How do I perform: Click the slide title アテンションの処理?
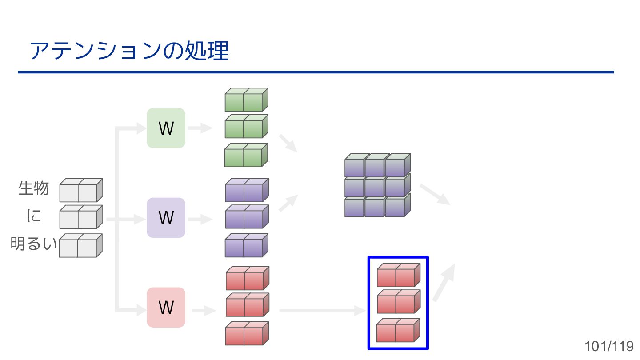(129, 51)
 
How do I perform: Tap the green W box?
(166, 128)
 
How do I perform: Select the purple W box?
(166, 218)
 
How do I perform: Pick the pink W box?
(166, 308)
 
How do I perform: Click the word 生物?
(34, 188)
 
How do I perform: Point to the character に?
(34, 216)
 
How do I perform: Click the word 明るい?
(34, 244)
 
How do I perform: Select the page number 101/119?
(609, 346)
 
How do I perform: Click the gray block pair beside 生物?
(81, 190)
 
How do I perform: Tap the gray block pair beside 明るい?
(80, 246)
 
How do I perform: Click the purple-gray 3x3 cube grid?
(377, 185)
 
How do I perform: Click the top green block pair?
(246, 100)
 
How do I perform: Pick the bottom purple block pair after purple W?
(246, 246)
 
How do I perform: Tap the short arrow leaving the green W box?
(200, 129)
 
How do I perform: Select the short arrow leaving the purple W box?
(200, 219)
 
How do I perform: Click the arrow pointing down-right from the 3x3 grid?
(435, 194)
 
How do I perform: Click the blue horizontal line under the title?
(316, 72)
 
